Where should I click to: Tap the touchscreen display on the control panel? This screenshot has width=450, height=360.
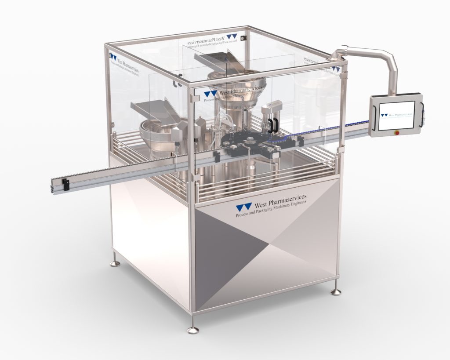coord(396,115)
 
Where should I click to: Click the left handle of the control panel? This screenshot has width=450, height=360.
coord(374,116)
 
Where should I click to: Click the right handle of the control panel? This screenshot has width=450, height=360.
coord(423,115)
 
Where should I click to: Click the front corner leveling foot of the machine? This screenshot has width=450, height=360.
coord(192,329)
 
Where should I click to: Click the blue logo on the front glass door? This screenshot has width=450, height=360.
coord(210,94)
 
